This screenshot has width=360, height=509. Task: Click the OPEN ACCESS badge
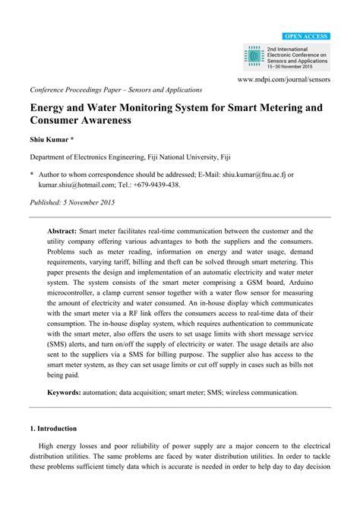tap(305, 36)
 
